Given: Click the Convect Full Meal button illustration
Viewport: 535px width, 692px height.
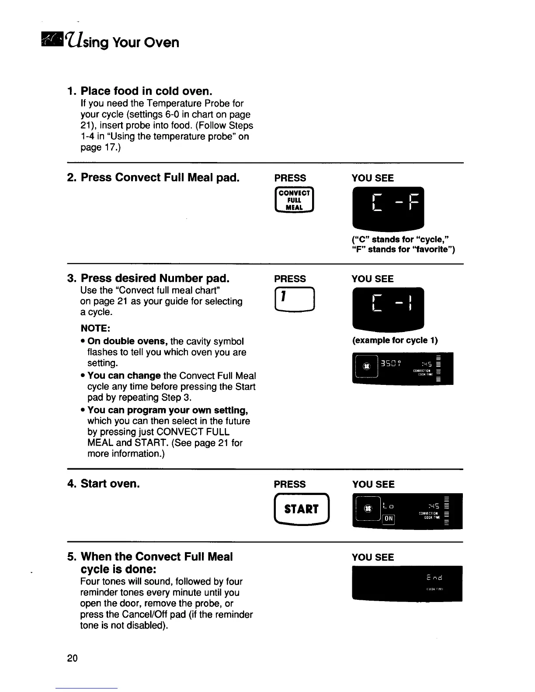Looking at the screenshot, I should (294, 200).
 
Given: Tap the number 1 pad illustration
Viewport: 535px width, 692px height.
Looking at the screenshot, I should (294, 301).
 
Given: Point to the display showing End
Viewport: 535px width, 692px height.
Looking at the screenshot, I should (407, 583).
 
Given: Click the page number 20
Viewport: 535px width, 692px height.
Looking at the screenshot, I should (73, 658).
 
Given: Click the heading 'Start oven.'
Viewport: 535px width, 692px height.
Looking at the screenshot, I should (110, 484).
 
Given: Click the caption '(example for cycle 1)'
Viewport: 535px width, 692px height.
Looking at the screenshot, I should (395, 340).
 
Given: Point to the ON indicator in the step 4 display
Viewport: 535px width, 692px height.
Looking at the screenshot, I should (388, 519).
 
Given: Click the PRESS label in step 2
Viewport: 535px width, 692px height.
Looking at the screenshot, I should (290, 178).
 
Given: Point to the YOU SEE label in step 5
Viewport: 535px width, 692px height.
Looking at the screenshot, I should (373, 557).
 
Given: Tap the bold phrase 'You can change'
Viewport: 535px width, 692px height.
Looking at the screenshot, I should (124, 376).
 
